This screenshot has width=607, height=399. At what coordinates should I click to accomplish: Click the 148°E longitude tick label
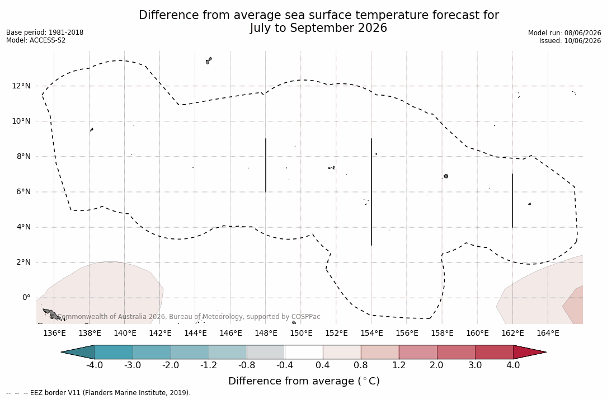point(266,333)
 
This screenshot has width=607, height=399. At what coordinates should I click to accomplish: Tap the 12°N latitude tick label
point(21,86)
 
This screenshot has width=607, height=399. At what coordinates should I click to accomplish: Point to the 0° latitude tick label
point(26,298)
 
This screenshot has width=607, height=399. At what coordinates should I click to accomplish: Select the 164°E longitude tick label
point(548,333)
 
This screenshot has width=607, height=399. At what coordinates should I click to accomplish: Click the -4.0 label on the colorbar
point(94,365)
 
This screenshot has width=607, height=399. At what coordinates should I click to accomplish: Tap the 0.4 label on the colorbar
point(323,365)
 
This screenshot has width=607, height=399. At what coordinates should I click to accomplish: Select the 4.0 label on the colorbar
point(514,365)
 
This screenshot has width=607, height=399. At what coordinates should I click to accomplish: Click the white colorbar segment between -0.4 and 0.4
point(304,352)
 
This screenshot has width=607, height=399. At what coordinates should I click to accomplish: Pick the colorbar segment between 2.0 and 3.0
point(456,352)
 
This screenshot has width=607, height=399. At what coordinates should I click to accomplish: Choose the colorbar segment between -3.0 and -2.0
point(152,352)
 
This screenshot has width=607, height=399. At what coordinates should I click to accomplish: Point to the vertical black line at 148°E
point(266,165)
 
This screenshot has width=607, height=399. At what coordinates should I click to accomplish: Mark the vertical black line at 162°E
point(512,201)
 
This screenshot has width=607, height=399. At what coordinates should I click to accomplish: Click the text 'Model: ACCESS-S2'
point(36,40)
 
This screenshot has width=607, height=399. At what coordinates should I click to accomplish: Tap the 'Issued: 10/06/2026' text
point(570,41)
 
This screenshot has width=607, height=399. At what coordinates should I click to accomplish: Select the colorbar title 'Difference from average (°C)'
point(304,381)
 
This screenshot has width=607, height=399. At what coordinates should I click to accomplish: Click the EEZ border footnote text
point(98,392)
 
